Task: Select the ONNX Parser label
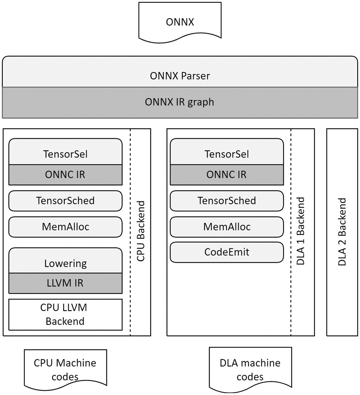coord(180,76)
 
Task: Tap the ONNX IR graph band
coord(180,102)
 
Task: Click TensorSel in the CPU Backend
coord(66,154)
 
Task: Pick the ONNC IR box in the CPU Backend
coord(66,174)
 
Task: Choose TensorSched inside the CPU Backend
coord(66,200)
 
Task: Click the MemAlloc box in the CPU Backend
coord(66,227)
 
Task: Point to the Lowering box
coord(66,263)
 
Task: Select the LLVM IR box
coord(66,283)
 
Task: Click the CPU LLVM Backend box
coord(66,315)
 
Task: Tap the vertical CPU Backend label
coord(141,231)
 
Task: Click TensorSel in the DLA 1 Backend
coord(227,154)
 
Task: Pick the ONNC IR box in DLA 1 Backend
coord(227,174)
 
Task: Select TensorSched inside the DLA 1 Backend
coord(227,200)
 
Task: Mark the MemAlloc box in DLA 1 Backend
coord(227,227)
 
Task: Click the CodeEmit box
coord(227,252)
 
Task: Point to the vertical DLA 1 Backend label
coord(301,231)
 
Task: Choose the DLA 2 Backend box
coord(342,232)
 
